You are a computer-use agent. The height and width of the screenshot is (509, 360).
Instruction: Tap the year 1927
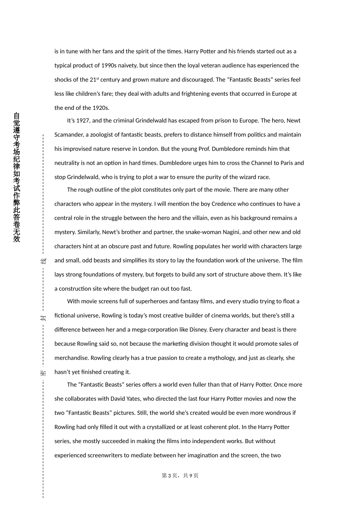(x=83, y=121)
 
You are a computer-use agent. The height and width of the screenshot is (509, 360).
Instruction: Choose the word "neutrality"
(x=67, y=163)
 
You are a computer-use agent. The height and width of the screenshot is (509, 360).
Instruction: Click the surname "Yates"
(x=136, y=399)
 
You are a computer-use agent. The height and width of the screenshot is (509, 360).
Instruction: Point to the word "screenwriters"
(x=105, y=456)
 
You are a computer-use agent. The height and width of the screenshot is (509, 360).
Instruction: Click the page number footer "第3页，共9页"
(x=180, y=476)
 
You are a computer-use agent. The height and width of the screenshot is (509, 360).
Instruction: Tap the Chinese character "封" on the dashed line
(x=43, y=318)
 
